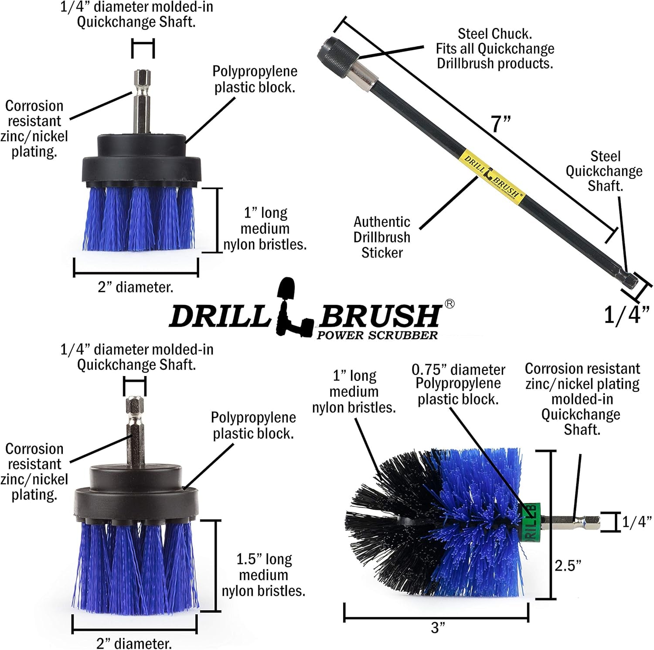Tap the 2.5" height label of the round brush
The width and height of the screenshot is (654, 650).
[x=568, y=566]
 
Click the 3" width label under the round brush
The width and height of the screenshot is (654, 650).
[x=438, y=628]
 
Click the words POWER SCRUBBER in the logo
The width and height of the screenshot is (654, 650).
[x=377, y=335]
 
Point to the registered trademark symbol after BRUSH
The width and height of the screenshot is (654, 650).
[x=449, y=304]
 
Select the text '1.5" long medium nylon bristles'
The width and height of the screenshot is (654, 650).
[x=263, y=575]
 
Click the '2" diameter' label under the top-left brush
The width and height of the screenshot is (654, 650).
[x=135, y=287]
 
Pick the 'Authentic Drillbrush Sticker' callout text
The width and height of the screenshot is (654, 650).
[x=382, y=237]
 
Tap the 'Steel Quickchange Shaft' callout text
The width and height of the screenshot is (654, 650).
[x=604, y=171]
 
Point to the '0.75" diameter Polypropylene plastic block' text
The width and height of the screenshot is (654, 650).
[x=458, y=384]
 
